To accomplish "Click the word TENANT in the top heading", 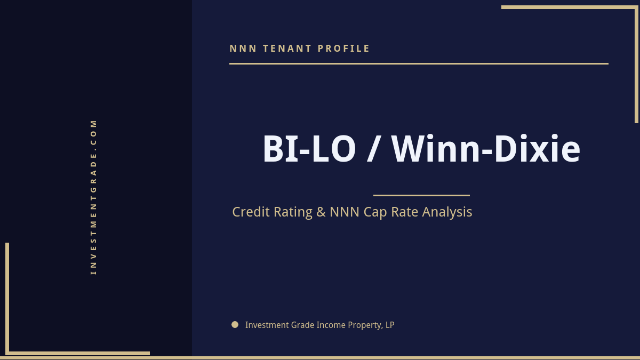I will [287, 49].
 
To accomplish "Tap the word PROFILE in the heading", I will [344, 49].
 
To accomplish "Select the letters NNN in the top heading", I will [243, 49].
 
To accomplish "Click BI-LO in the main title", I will [309, 149].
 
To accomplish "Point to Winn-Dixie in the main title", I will [486, 149].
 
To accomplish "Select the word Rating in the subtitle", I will [293, 212].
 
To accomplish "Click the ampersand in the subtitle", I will [321, 212].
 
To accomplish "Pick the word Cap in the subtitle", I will [375, 212].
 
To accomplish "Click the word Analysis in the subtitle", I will [447, 212].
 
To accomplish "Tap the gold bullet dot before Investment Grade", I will [235, 324].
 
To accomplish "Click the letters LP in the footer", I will [390, 325].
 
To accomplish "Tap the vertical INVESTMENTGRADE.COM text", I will [93, 197].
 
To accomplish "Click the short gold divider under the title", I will [421, 195].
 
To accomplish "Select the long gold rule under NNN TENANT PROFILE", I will [419, 63].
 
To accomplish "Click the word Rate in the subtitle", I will [405, 212].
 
